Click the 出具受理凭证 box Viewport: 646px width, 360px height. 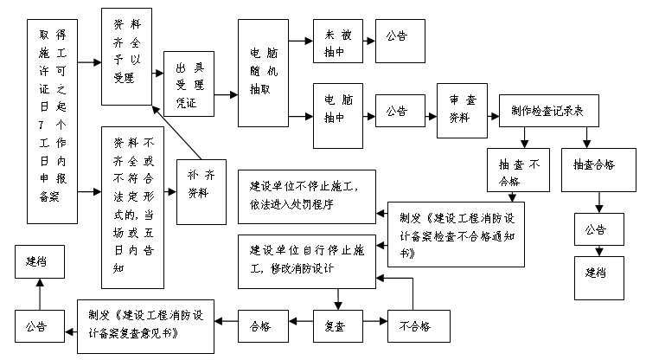[x=188, y=83]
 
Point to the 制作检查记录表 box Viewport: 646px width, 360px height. [x=547, y=112]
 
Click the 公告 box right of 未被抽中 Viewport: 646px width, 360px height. [x=397, y=38]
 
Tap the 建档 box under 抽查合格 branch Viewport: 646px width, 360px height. [x=596, y=273]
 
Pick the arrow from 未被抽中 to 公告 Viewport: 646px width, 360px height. [x=364, y=39]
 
